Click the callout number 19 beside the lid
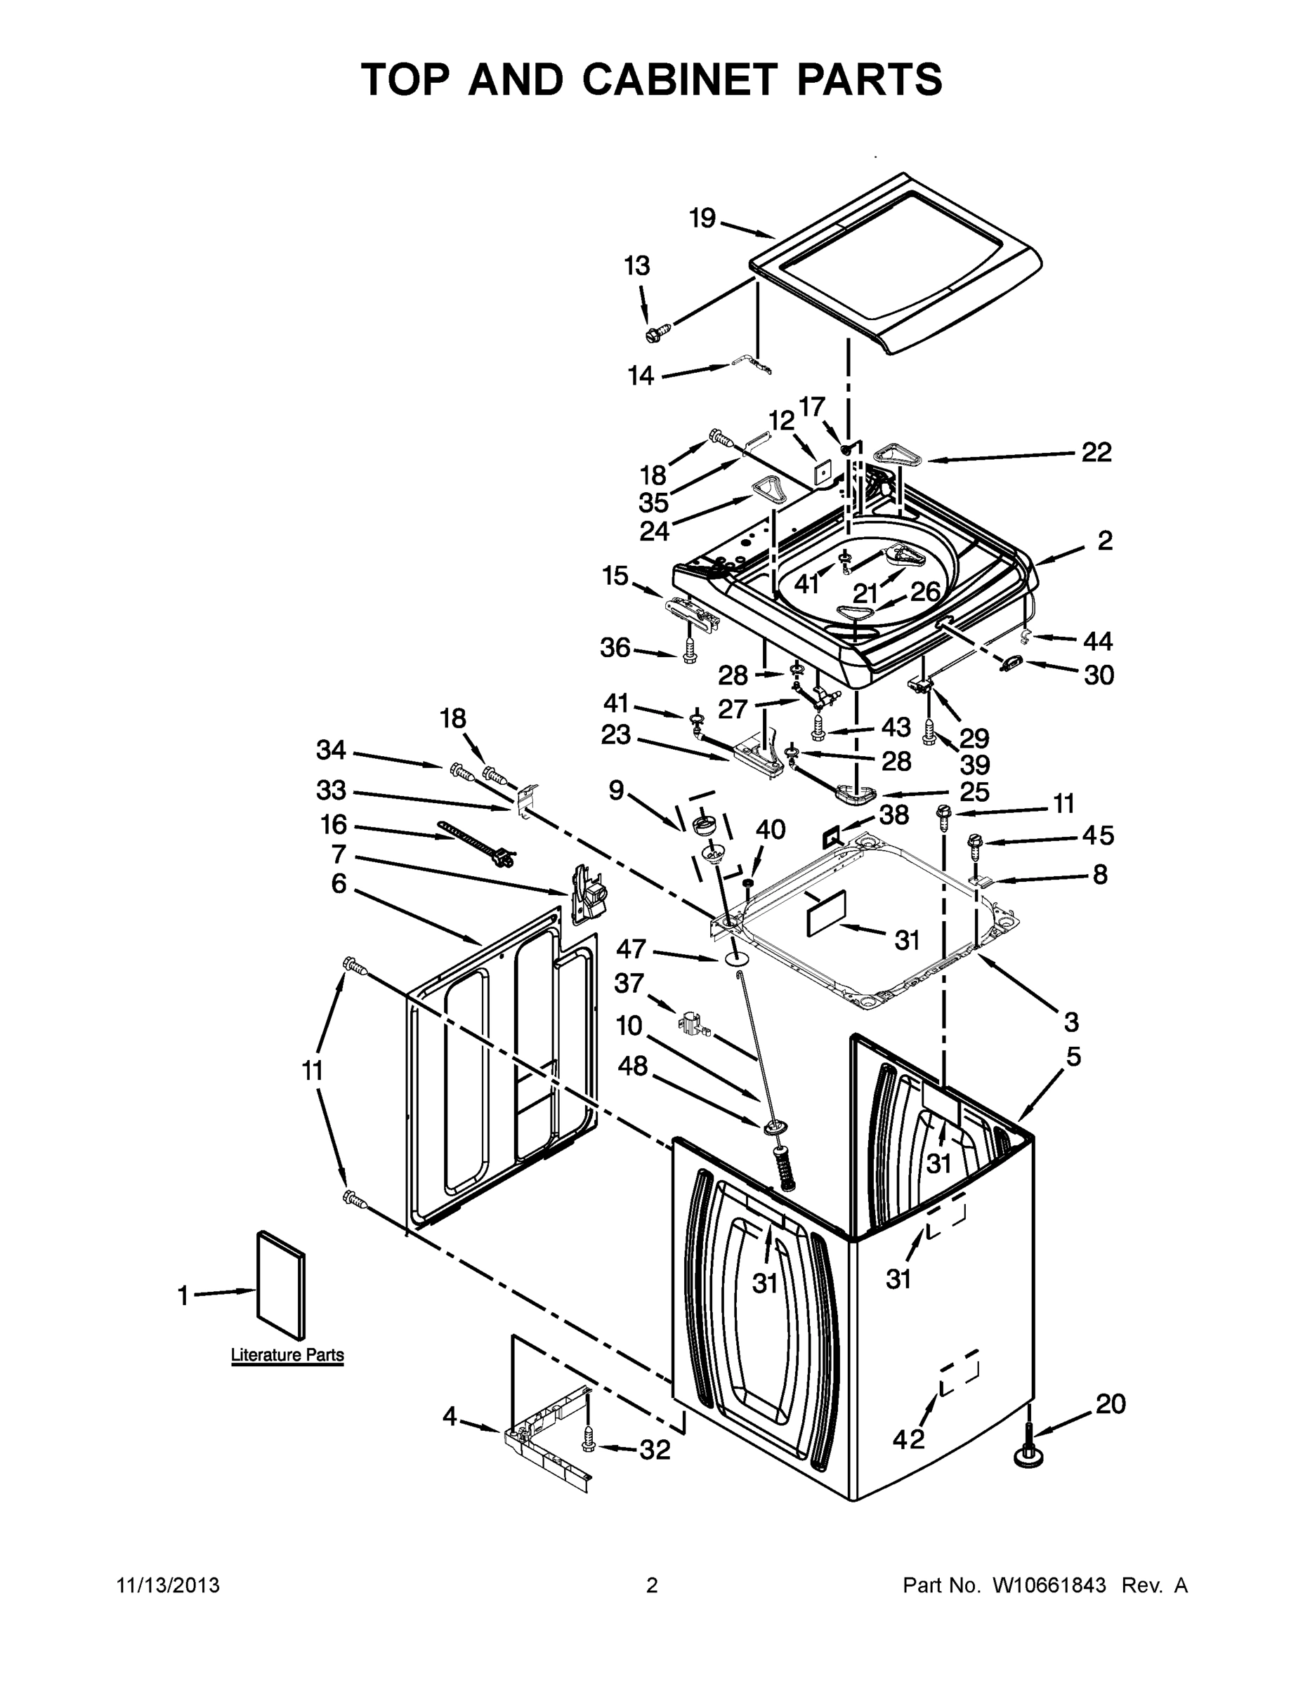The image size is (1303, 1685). tap(702, 218)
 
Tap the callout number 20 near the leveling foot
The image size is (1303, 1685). tap(1110, 1403)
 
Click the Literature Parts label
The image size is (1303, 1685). tap(287, 1355)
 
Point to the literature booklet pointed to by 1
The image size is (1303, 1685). tap(280, 1285)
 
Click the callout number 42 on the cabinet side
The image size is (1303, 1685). tap(908, 1438)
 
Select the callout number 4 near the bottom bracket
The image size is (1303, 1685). tap(450, 1415)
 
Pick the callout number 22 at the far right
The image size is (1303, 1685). tap(1096, 452)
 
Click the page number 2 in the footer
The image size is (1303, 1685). tap(652, 1585)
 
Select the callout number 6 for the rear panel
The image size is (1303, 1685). tap(339, 883)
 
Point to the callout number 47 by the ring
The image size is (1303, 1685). tap(631, 949)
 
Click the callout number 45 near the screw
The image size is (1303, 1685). tap(1098, 835)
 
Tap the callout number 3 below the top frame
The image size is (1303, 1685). tap(1070, 1022)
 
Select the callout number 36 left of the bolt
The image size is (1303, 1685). tap(615, 647)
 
